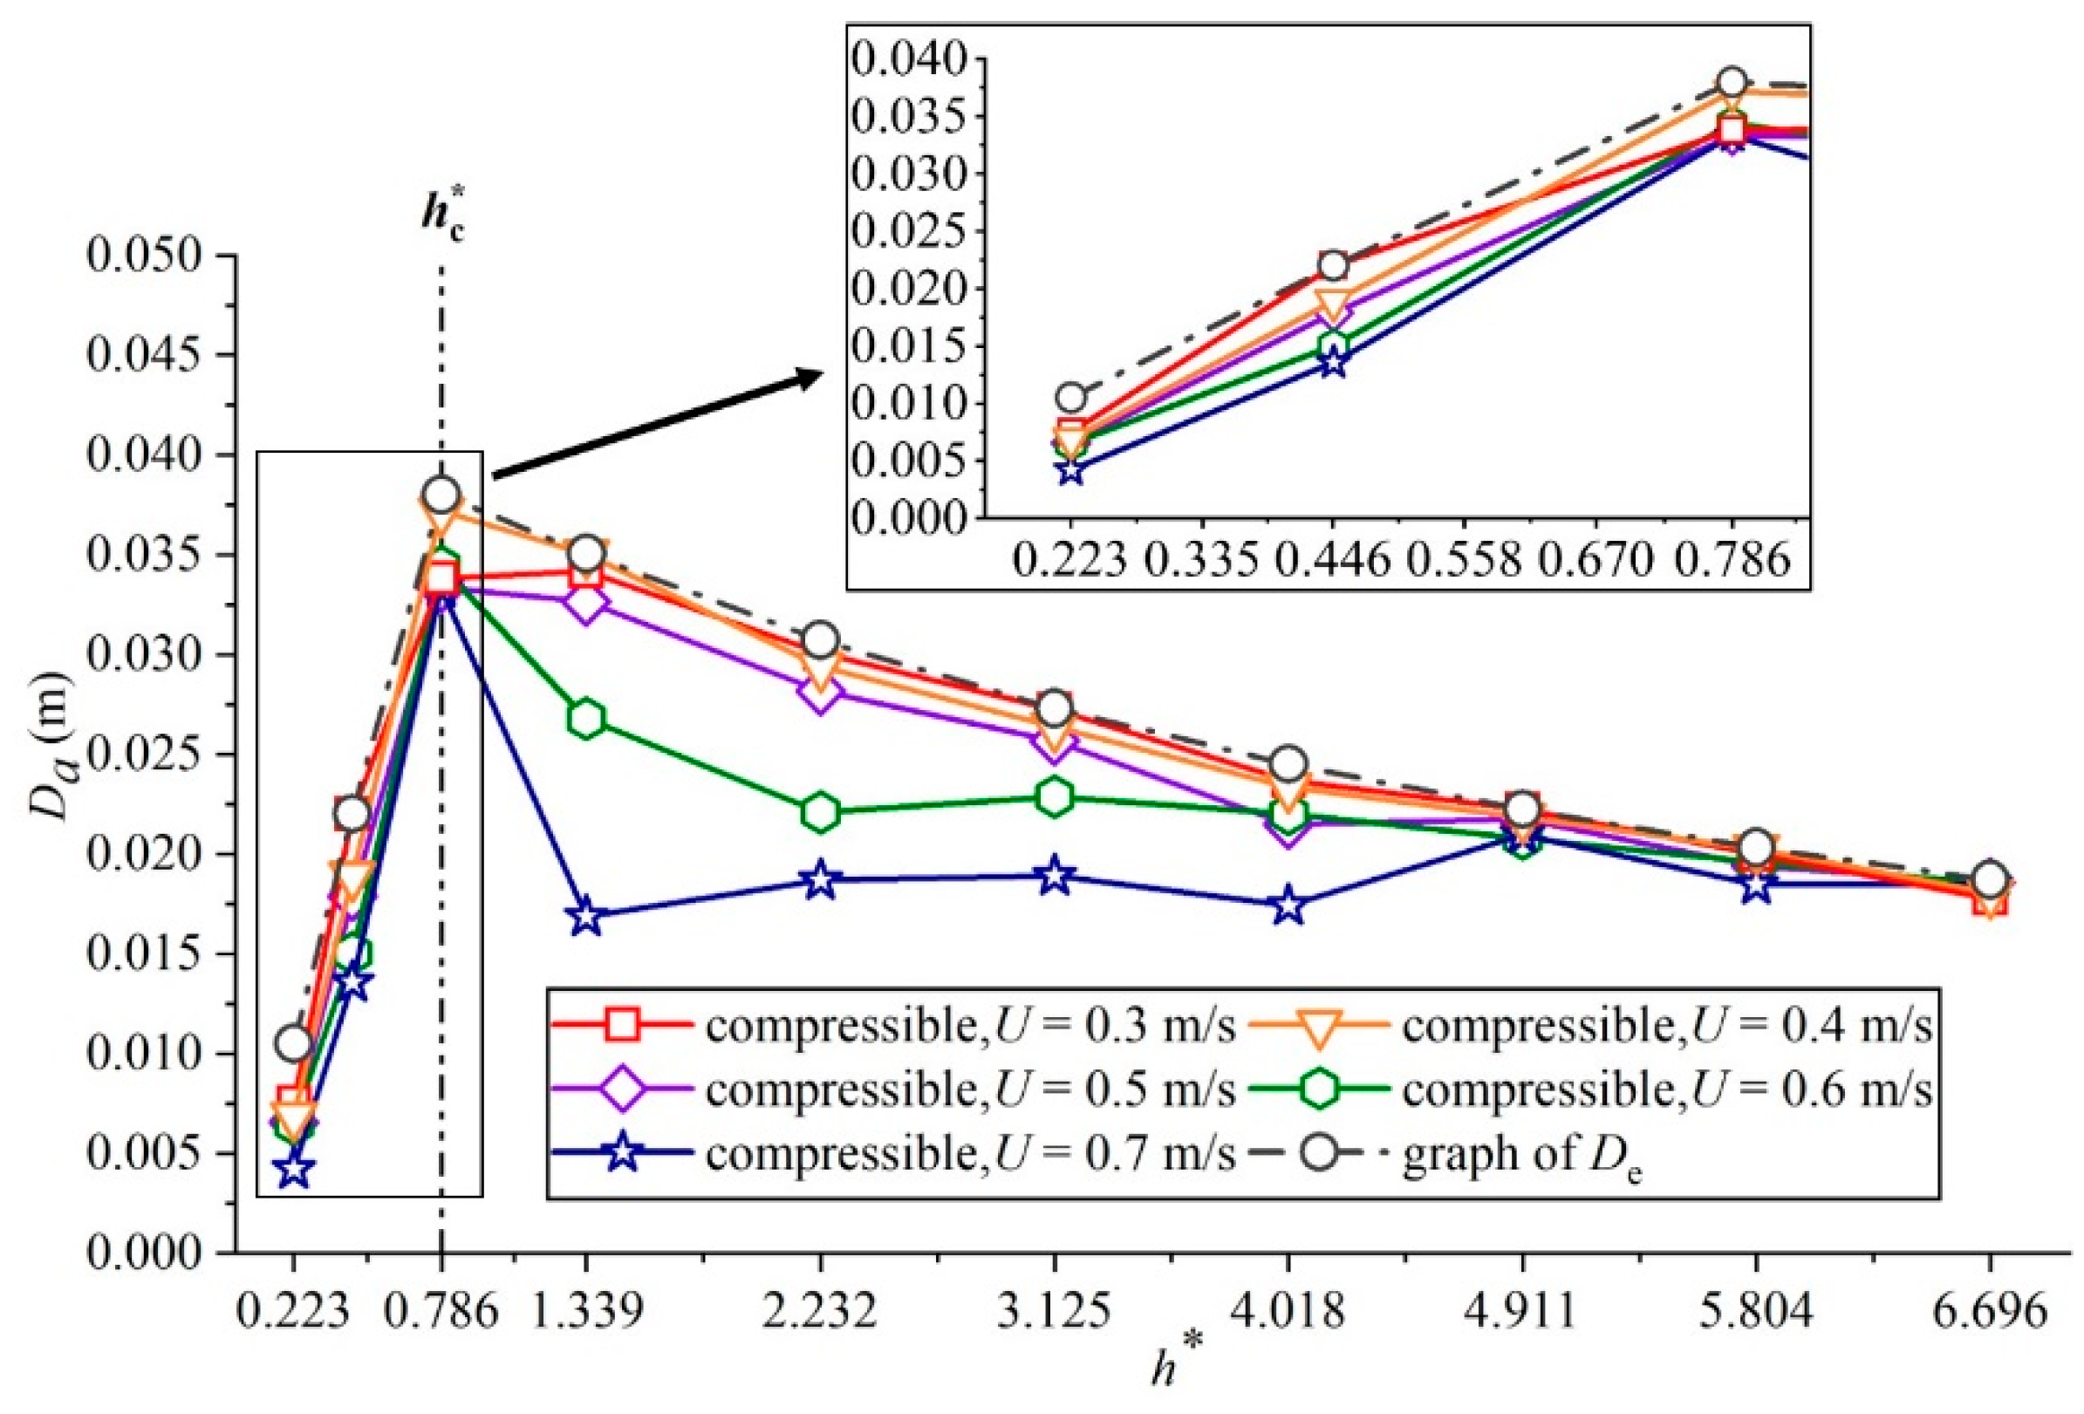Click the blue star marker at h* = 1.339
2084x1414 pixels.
coord(585,917)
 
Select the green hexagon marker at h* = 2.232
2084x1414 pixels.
coord(820,812)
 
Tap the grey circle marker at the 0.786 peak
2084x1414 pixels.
coord(441,494)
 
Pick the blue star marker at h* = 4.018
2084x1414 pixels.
coord(1288,905)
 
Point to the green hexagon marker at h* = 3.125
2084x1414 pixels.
coord(1055,797)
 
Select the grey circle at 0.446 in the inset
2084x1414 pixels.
coord(1334,265)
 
